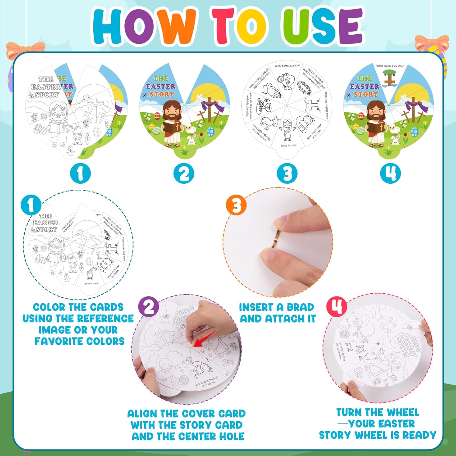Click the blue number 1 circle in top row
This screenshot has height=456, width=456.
pos(80,174)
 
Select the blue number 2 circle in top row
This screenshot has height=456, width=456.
pos(184,174)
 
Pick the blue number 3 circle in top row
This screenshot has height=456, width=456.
pos(287,174)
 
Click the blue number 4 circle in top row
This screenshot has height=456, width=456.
pos(390,174)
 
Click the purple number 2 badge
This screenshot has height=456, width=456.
pos(149,307)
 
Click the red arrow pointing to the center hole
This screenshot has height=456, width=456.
pos(204,340)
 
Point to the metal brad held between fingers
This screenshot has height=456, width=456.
pos(275,239)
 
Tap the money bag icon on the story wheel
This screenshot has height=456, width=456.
pos(285,81)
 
